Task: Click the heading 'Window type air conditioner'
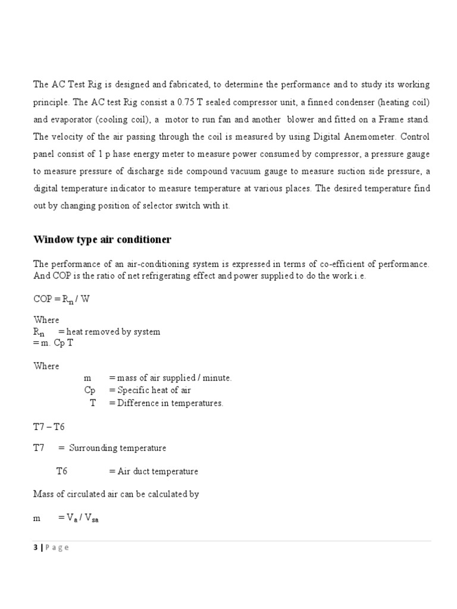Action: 102,240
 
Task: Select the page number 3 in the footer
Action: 35,548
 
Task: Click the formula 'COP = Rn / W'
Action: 62,299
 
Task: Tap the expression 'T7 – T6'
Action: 49,426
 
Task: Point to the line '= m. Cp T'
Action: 54,343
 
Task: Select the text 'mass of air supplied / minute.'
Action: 174,378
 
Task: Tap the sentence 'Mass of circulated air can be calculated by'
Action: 116,494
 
